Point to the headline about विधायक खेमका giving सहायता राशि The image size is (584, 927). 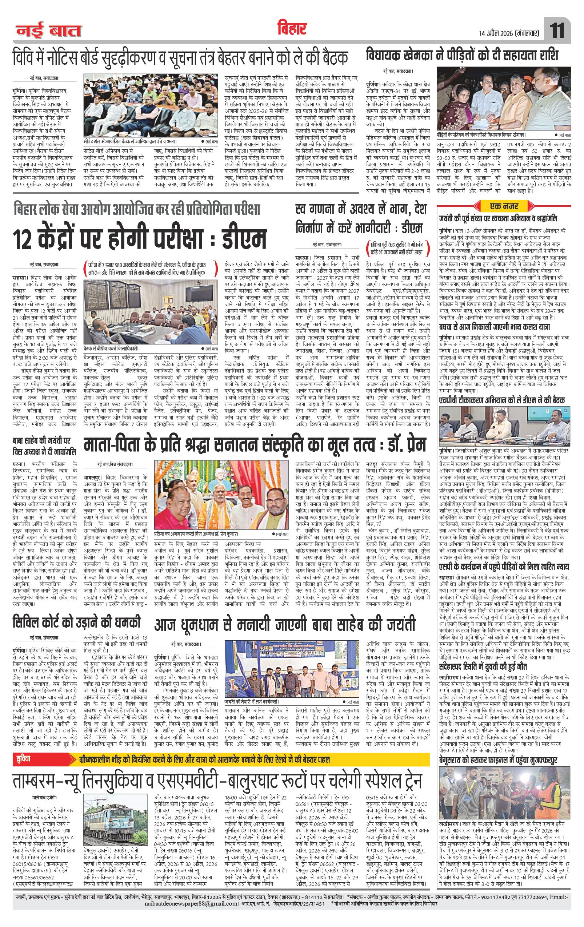coord(462,56)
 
